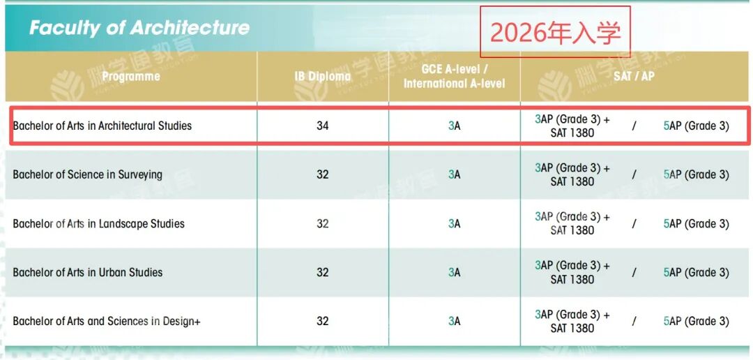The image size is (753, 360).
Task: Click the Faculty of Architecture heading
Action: point(139,28)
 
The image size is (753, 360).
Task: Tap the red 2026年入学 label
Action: point(554,32)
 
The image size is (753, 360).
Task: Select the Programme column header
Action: point(130,76)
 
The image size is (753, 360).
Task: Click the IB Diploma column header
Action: point(322,76)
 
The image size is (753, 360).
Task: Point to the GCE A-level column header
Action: point(454,76)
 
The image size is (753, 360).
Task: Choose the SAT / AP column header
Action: point(634,75)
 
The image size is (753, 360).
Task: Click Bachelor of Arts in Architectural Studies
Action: point(102,126)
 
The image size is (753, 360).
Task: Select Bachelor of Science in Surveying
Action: point(87,174)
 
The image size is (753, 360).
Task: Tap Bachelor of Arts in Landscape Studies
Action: point(98,224)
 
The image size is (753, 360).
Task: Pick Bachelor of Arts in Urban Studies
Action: point(87,272)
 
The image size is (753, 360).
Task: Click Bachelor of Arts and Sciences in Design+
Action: point(107,322)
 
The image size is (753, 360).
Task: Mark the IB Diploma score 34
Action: point(322,126)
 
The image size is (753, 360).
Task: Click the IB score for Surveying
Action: point(322,174)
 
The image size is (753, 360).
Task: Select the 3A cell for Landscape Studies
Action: point(454,224)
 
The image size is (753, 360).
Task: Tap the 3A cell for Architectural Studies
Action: point(454,126)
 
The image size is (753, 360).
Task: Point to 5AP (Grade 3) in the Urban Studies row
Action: point(696,273)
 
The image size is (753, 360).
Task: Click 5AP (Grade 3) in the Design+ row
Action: point(696,322)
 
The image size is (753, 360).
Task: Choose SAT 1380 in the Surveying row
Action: point(572,181)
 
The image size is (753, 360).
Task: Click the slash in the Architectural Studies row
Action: point(634,126)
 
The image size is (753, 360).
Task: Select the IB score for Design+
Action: point(322,322)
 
